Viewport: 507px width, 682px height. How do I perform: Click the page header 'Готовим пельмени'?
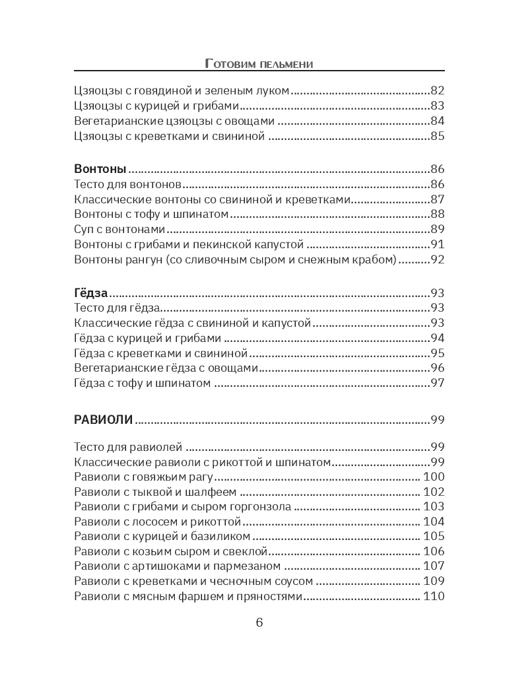pyautogui.click(x=259, y=63)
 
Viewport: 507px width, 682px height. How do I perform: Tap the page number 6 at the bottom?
pyautogui.click(x=259, y=623)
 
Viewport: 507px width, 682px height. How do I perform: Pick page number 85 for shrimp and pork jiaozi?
pyautogui.click(x=438, y=137)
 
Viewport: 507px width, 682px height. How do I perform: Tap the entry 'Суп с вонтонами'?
pyautogui.click(x=119, y=230)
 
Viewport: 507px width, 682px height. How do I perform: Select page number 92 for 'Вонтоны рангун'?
pyautogui.click(x=438, y=259)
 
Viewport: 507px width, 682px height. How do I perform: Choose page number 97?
pyautogui.click(x=438, y=383)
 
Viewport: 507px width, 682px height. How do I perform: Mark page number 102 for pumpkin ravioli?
pyautogui.click(x=434, y=492)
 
